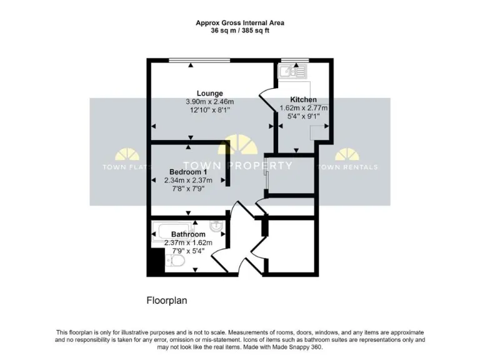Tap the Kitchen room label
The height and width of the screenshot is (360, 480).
pos(303,99)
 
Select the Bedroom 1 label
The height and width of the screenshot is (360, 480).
pos(188,172)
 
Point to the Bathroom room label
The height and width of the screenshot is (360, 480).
pos(188,234)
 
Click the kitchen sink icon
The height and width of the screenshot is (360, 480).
pos(292,71)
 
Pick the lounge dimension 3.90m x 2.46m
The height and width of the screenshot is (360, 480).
pos(209,102)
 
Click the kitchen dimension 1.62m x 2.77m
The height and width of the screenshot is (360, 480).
pos(303,107)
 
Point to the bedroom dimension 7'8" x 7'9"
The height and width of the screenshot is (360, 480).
pos(188,188)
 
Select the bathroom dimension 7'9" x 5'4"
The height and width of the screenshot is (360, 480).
pos(188,251)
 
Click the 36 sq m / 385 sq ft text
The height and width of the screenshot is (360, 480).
pos(240,31)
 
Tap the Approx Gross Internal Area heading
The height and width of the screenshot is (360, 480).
pos(240,23)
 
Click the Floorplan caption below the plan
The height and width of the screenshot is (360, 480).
pos(167,300)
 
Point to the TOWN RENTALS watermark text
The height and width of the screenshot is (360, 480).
pos(347,167)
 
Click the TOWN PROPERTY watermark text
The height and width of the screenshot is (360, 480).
pos(241,166)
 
